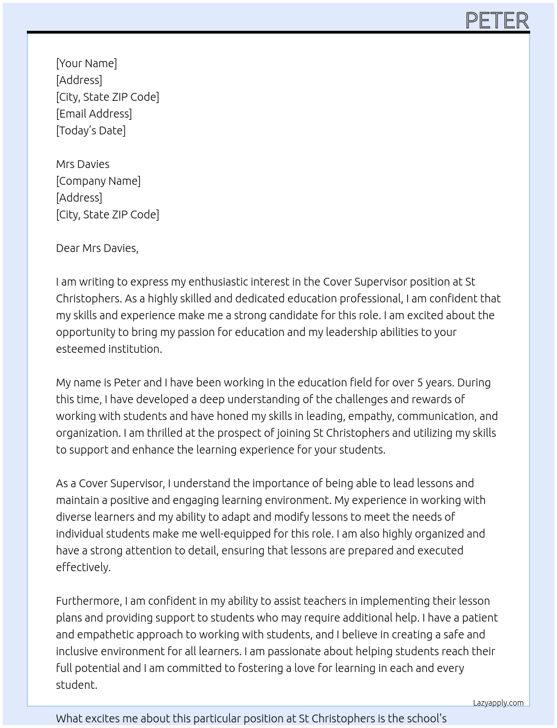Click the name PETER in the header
pos(497,21)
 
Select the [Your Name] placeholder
pos(86,63)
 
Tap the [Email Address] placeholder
pos(93,114)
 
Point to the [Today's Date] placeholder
pos(91,130)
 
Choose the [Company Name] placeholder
pos(98,181)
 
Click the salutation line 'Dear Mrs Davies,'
pos(97,248)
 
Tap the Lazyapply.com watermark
pos(498,703)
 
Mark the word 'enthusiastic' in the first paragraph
pos(218,282)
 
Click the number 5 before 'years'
pos(420,382)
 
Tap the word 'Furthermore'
pos(88,601)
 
